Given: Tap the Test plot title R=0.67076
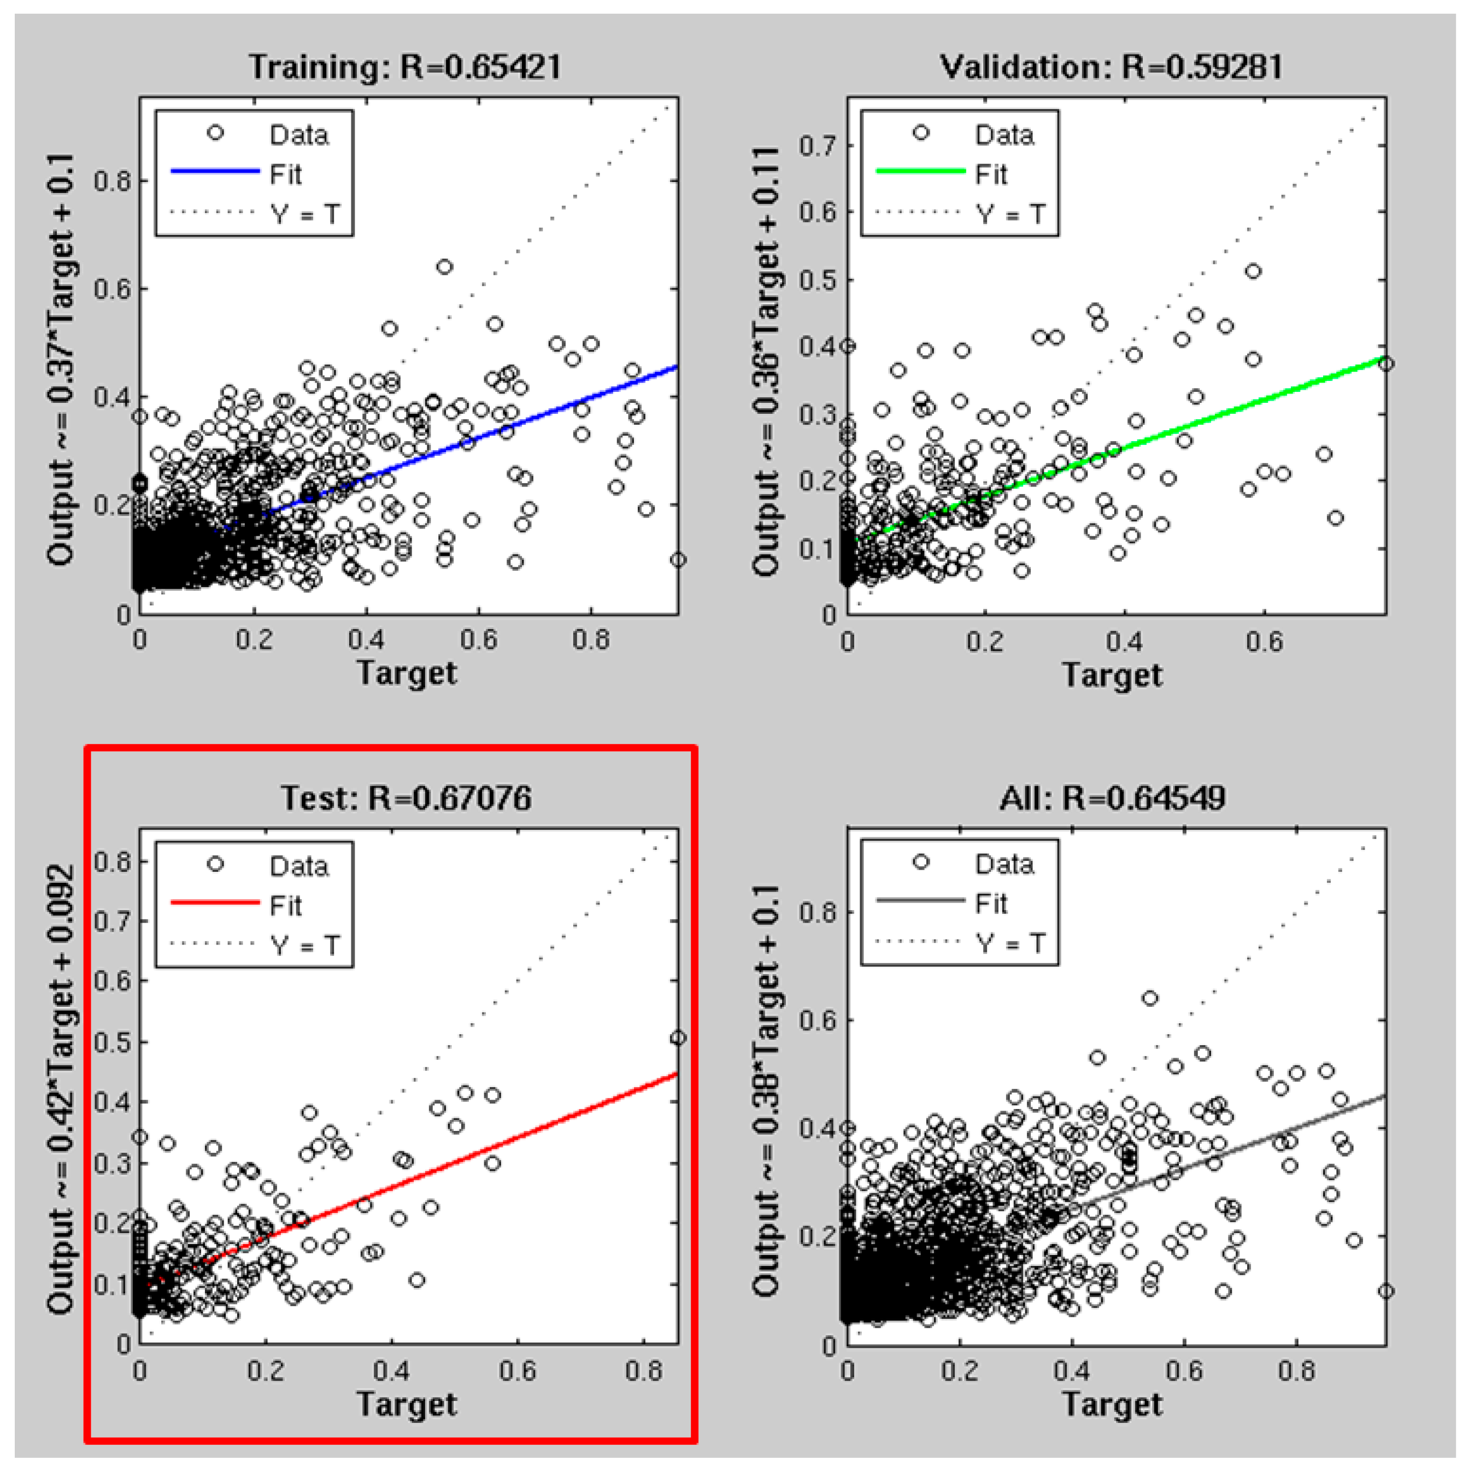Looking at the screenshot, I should (x=406, y=797).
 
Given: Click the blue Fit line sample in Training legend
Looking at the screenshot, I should (x=215, y=172).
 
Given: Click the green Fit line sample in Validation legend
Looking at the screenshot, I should (x=920, y=172).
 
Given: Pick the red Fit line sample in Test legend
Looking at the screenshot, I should (x=215, y=902).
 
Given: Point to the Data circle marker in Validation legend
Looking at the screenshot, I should (x=920, y=133).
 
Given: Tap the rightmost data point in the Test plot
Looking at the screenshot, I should (x=677, y=1037).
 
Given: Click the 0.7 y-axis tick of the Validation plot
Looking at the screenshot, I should (x=817, y=145).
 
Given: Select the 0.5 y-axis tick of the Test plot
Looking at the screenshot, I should (x=112, y=1041).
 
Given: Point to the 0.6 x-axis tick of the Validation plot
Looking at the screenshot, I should (x=1264, y=642).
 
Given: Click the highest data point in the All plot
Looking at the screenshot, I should (x=1150, y=998).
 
